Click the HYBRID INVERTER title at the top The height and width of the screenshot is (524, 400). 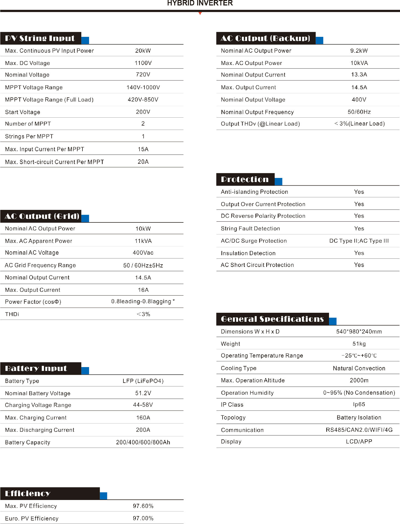pos(200,3)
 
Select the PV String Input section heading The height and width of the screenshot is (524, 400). pos(40,38)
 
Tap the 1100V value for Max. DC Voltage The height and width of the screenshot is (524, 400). pos(143,63)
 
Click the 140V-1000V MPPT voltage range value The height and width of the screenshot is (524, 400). pos(143,87)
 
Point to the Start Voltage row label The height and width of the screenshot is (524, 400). pos(23,112)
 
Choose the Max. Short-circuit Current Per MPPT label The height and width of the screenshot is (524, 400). pos(54,162)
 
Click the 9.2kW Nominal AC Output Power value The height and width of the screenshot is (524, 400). pos(359,51)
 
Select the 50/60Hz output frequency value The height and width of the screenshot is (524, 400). pos(359,112)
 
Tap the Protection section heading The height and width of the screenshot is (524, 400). pos(245,179)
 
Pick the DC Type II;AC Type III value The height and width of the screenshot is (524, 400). pos(359,241)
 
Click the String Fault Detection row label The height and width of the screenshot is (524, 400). pos(250,228)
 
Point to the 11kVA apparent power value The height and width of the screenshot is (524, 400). pos(143,241)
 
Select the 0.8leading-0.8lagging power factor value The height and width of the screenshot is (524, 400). pos(143,302)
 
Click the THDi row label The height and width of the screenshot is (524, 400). pos(12,314)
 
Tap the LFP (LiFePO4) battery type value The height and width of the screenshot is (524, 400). pos(143,381)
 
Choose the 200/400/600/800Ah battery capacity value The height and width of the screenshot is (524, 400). pos(143,442)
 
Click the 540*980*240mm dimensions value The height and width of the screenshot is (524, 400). pos(359,332)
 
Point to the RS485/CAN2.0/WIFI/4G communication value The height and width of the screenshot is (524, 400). pos(359,430)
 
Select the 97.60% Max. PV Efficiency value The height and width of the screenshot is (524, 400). pos(143,506)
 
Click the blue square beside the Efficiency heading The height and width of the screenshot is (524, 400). pos(103,496)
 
